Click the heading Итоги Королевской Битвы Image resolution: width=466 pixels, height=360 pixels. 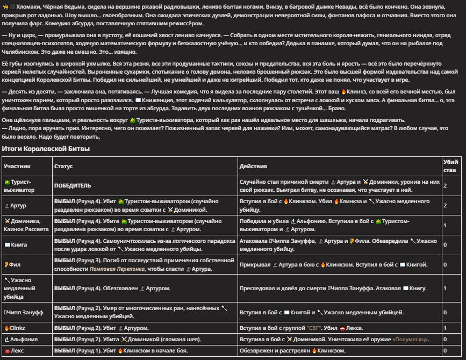46,148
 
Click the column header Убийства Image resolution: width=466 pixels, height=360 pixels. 450,165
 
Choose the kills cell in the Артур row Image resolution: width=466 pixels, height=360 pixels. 445,205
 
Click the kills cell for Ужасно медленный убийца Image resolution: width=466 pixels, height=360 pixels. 445,289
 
